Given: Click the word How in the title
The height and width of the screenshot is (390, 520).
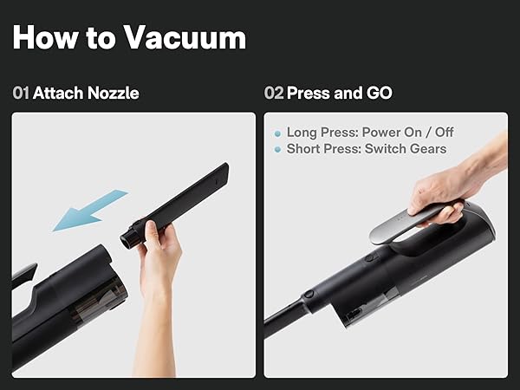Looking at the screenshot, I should [47, 37].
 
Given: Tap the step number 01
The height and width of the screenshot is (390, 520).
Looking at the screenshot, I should [21, 93].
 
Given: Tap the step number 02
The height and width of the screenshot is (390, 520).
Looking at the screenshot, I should [274, 93].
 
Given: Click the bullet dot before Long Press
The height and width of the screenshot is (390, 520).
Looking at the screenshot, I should [277, 133].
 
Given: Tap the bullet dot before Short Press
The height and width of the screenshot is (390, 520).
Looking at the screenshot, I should [277, 149].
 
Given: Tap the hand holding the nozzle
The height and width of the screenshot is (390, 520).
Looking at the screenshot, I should [159, 260].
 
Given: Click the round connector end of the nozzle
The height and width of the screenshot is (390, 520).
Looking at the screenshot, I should [130, 234].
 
